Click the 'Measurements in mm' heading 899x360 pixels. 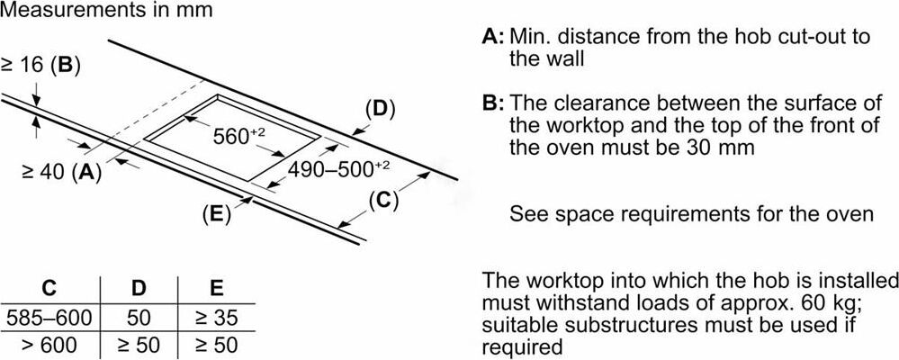click(106, 9)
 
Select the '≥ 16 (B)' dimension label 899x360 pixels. click(40, 66)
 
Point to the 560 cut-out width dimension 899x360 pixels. click(238, 137)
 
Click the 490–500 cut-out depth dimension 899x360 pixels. click(339, 169)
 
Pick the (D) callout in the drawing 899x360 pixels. click(377, 110)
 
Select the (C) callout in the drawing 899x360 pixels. click(383, 202)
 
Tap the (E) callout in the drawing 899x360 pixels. click(216, 213)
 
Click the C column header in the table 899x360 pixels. click(49, 288)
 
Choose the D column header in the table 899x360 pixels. click(139, 288)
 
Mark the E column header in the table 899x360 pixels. click(217, 288)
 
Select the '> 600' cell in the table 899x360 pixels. click(50, 345)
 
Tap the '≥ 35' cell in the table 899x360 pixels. click(217, 317)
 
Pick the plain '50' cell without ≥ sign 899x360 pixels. click(139, 317)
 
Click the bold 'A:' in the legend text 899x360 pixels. click(493, 38)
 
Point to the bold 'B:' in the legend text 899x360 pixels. click(493, 103)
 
